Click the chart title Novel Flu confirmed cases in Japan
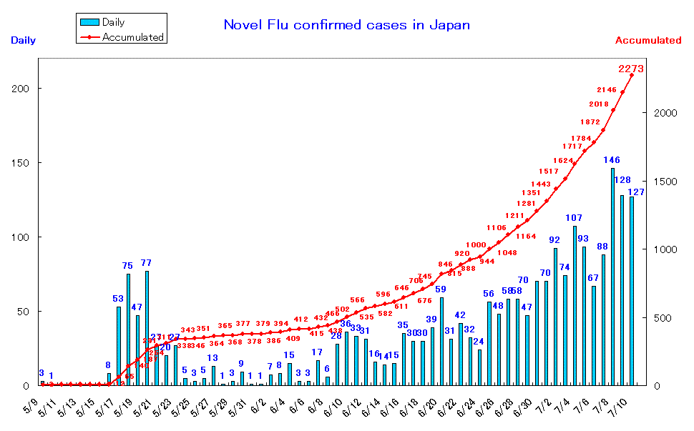click(x=347, y=25)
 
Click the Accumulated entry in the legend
click(x=122, y=36)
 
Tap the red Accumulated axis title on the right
click(x=647, y=41)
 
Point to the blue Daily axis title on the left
click(x=23, y=41)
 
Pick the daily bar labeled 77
click(x=147, y=328)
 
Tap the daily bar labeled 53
click(x=119, y=346)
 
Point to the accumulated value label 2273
click(x=631, y=69)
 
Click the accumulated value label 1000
click(x=476, y=245)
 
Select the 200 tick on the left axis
click(x=24, y=89)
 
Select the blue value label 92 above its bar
click(x=554, y=240)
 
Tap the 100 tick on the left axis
click(x=24, y=237)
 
